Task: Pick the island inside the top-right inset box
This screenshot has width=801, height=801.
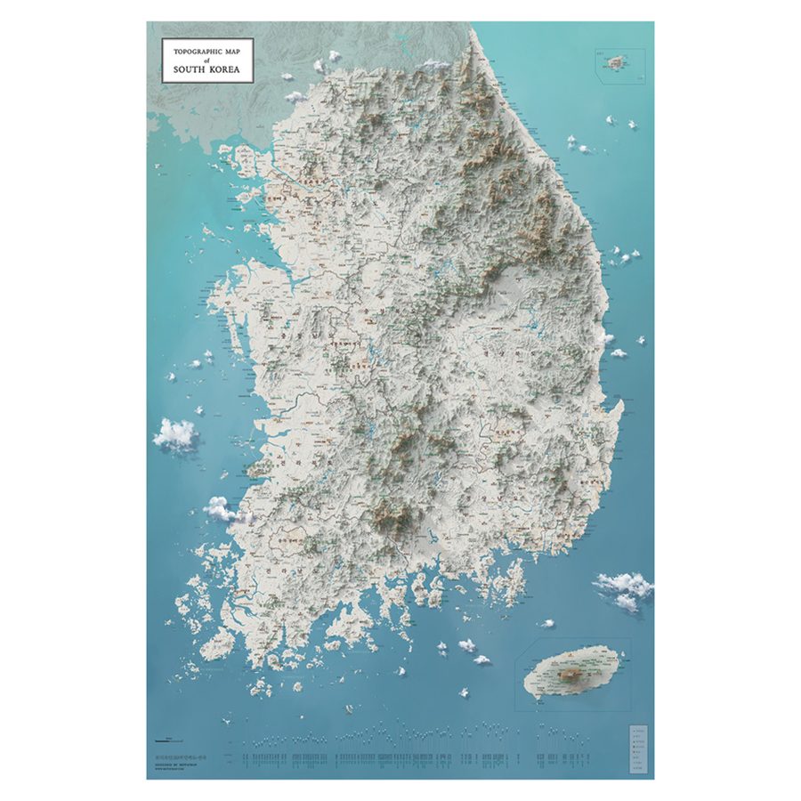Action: (613, 61)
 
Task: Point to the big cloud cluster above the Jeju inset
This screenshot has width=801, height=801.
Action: (625, 588)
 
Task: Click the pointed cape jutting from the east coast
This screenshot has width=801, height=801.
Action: (616, 408)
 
